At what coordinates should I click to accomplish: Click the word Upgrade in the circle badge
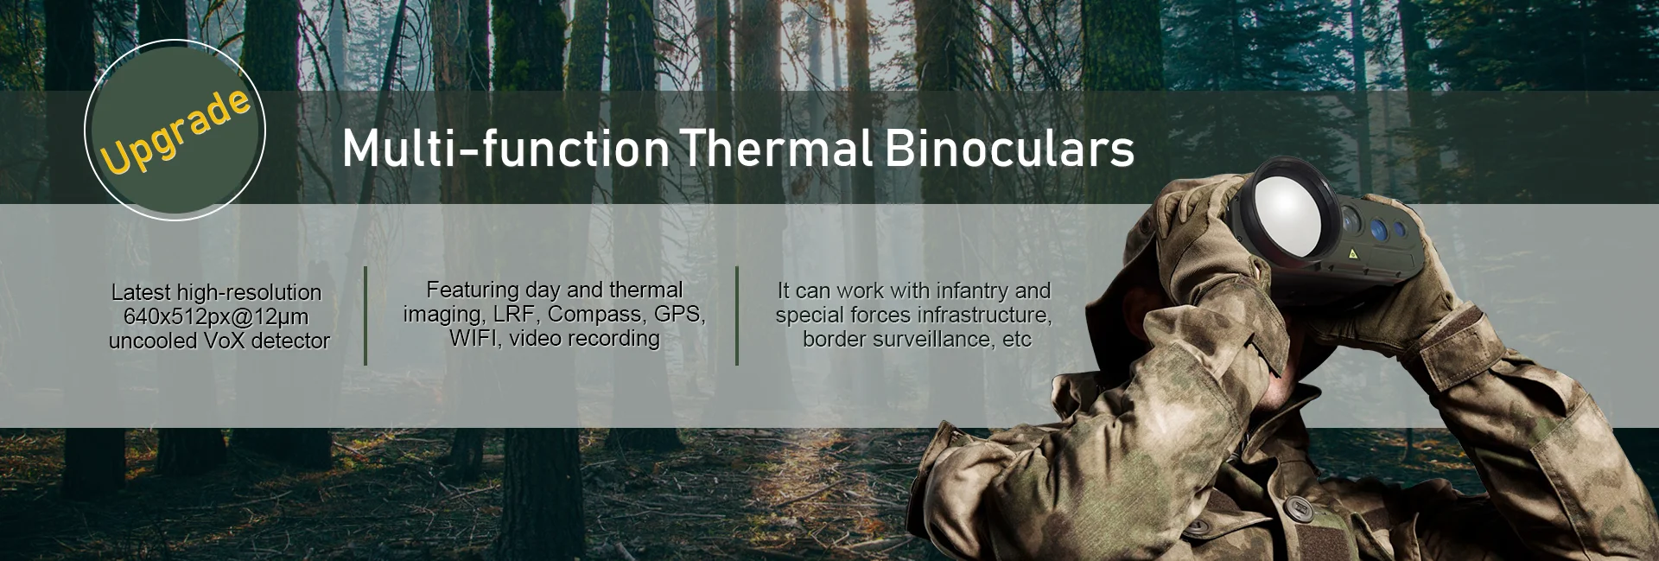coord(175,130)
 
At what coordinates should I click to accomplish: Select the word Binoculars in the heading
coord(1010,149)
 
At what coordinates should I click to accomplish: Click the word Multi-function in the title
coord(505,149)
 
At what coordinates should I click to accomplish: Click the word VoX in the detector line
coord(224,341)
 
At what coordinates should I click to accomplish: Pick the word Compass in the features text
coord(597,314)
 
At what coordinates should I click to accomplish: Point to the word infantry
coord(957,291)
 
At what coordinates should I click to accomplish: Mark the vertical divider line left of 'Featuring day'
coord(365,316)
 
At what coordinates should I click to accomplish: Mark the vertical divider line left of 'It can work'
coord(737,316)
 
